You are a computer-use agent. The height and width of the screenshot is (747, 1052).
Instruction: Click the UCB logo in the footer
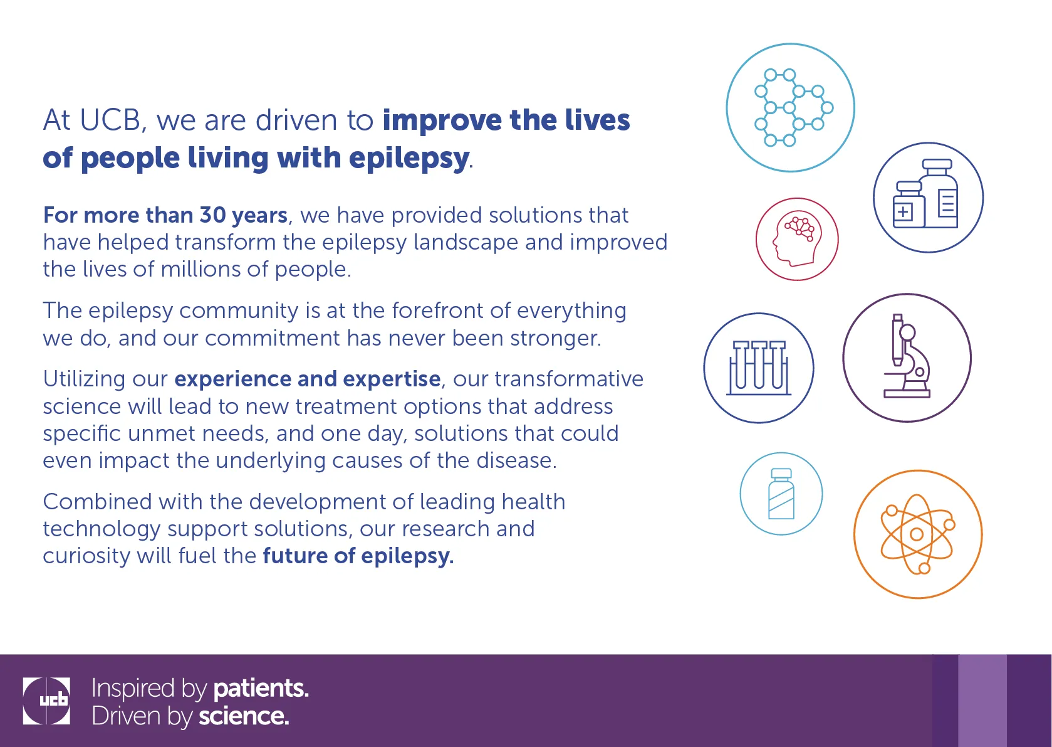tap(46, 701)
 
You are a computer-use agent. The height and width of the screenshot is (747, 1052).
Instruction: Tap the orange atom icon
tap(917, 534)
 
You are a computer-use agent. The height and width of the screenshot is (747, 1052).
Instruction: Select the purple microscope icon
tap(907, 358)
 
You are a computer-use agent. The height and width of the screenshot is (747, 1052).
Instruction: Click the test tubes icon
tap(759, 368)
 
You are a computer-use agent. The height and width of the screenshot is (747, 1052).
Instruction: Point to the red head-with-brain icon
tap(797, 240)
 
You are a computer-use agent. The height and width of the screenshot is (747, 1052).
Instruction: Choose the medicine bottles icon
tap(928, 198)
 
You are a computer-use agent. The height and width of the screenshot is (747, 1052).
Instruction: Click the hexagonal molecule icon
tap(790, 108)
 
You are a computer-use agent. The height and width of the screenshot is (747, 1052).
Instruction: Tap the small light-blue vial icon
tap(781, 494)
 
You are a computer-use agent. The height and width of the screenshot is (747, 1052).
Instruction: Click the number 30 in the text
tap(213, 215)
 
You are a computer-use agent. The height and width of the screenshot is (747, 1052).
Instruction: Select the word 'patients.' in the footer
tap(261, 688)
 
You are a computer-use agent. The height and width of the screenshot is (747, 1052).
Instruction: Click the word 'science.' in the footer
tap(244, 716)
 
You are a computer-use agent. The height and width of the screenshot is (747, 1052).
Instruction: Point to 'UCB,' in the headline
tap(113, 120)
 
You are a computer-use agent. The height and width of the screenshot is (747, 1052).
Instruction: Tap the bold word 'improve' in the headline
tap(442, 121)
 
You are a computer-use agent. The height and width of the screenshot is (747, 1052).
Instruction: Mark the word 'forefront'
tap(438, 310)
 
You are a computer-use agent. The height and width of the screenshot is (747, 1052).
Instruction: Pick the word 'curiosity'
tap(86, 556)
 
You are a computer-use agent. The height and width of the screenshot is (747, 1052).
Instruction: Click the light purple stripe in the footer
tap(982, 701)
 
